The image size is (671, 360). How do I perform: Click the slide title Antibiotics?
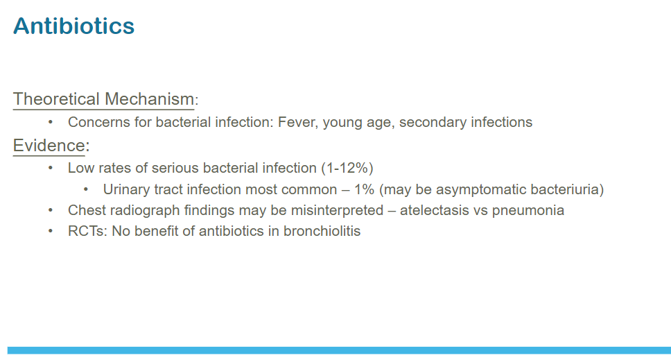[x=73, y=26]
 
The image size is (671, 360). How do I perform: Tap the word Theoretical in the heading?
[x=56, y=99]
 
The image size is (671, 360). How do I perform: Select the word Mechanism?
[x=149, y=99]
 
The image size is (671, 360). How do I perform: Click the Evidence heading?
[x=49, y=146]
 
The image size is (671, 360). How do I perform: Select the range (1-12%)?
[x=347, y=168]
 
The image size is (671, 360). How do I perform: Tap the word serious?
[x=169, y=168]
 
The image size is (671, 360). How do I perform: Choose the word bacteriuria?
[x=567, y=189]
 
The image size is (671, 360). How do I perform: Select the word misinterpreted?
[x=337, y=211]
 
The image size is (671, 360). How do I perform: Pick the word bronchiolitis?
[x=322, y=231]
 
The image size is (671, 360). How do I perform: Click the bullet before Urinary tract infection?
[x=86, y=189]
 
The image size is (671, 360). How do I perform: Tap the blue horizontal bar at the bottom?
[x=339, y=350]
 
